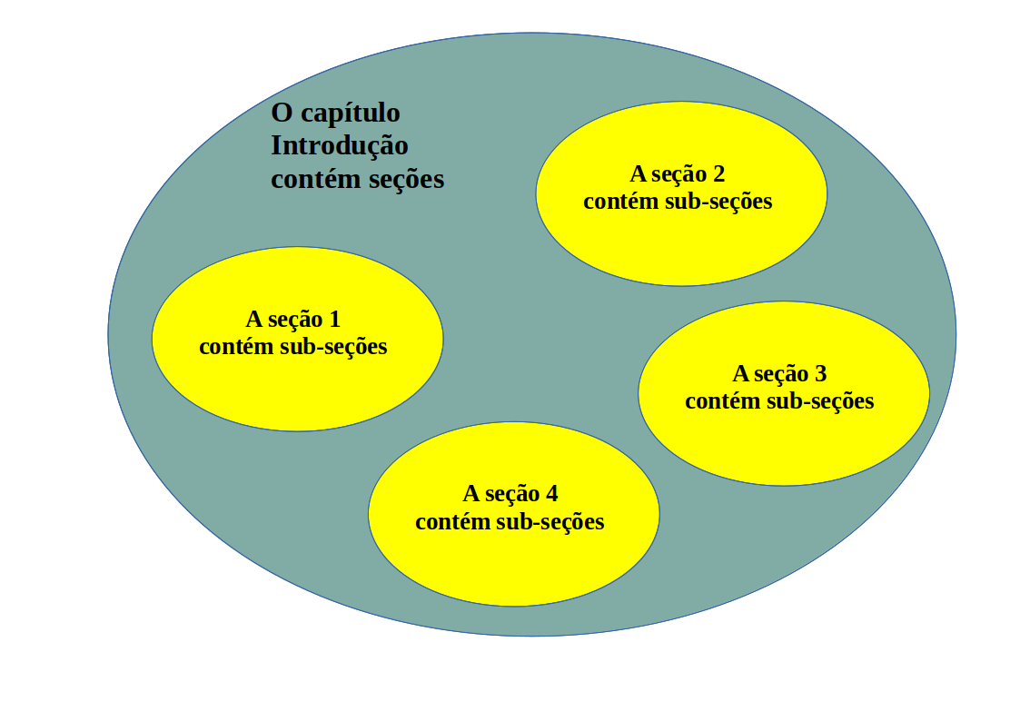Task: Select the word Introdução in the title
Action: [x=340, y=146]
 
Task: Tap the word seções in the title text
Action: [x=406, y=180]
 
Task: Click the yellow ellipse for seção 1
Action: [x=297, y=381]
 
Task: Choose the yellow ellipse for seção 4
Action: [x=513, y=558]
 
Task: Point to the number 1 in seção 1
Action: [x=334, y=320]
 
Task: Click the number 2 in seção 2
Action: [x=718, y=174]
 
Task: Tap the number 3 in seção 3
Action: [x=821, y=374]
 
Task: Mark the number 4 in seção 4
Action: [x=551, y=494]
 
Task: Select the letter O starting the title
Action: [x=282, y=114]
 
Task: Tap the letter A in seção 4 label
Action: [x=470, y=494]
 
